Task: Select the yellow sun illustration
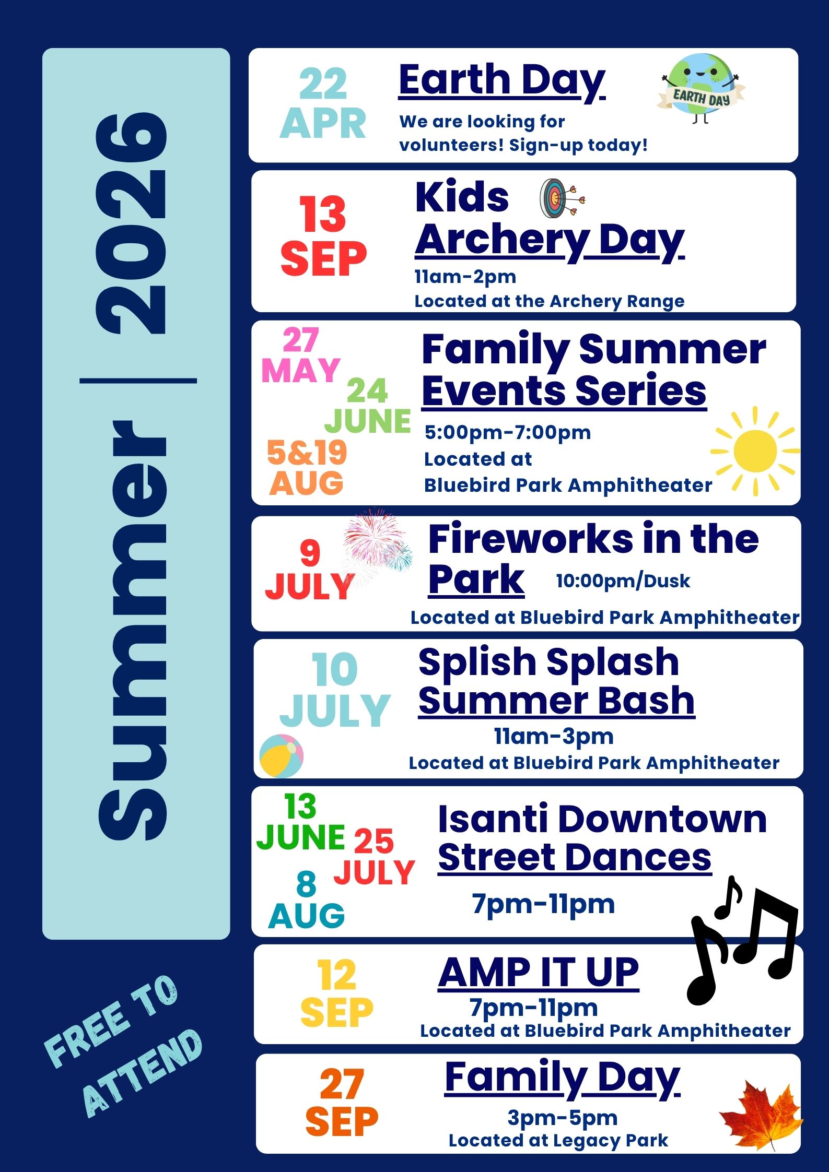pyautogui.click(x=755, y=451)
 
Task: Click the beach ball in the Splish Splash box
pyautogui.click(x=281, y=756)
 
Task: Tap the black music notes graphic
pyautogui.click(x=742, y=940)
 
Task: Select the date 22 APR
pyautogui.click(x=323, y=104)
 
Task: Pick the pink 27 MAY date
pyautogui.click(x=301, y=356)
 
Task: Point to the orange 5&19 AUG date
pyautogui.click(x=306, y=468)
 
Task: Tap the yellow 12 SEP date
pyautogui.click(x=336, y=993)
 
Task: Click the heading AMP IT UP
pyautogui.click(x=539, y=973)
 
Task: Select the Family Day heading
pyautogui.click(x=562, y=1078)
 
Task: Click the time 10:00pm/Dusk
pyautogui.click(x=623, y=581)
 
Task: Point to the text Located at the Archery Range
pyautogui.click(x=549, y=301)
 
